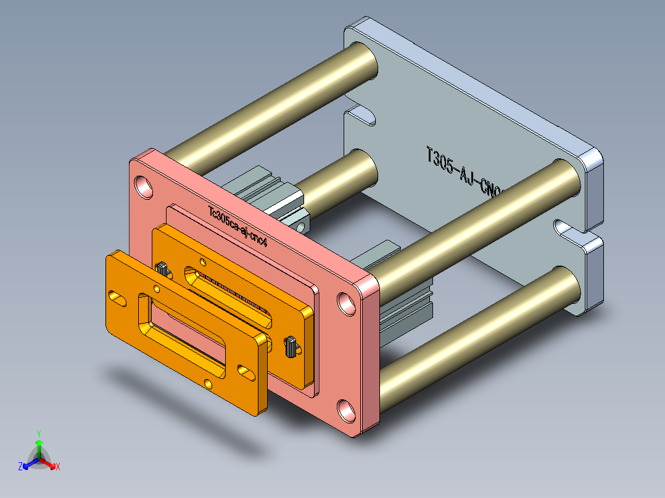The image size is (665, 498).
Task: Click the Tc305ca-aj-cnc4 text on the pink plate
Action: point(238,226)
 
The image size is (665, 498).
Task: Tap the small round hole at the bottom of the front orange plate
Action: point(208,384)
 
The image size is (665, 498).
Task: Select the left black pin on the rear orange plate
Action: point(162,268)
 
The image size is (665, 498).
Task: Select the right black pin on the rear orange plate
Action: point(289,347)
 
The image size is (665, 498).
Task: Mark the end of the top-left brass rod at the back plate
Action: point(363,61)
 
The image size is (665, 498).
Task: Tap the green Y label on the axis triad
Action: point(38,433)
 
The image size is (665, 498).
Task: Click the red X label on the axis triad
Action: point(58,467)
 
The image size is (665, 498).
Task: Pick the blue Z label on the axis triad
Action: point(20,467)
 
